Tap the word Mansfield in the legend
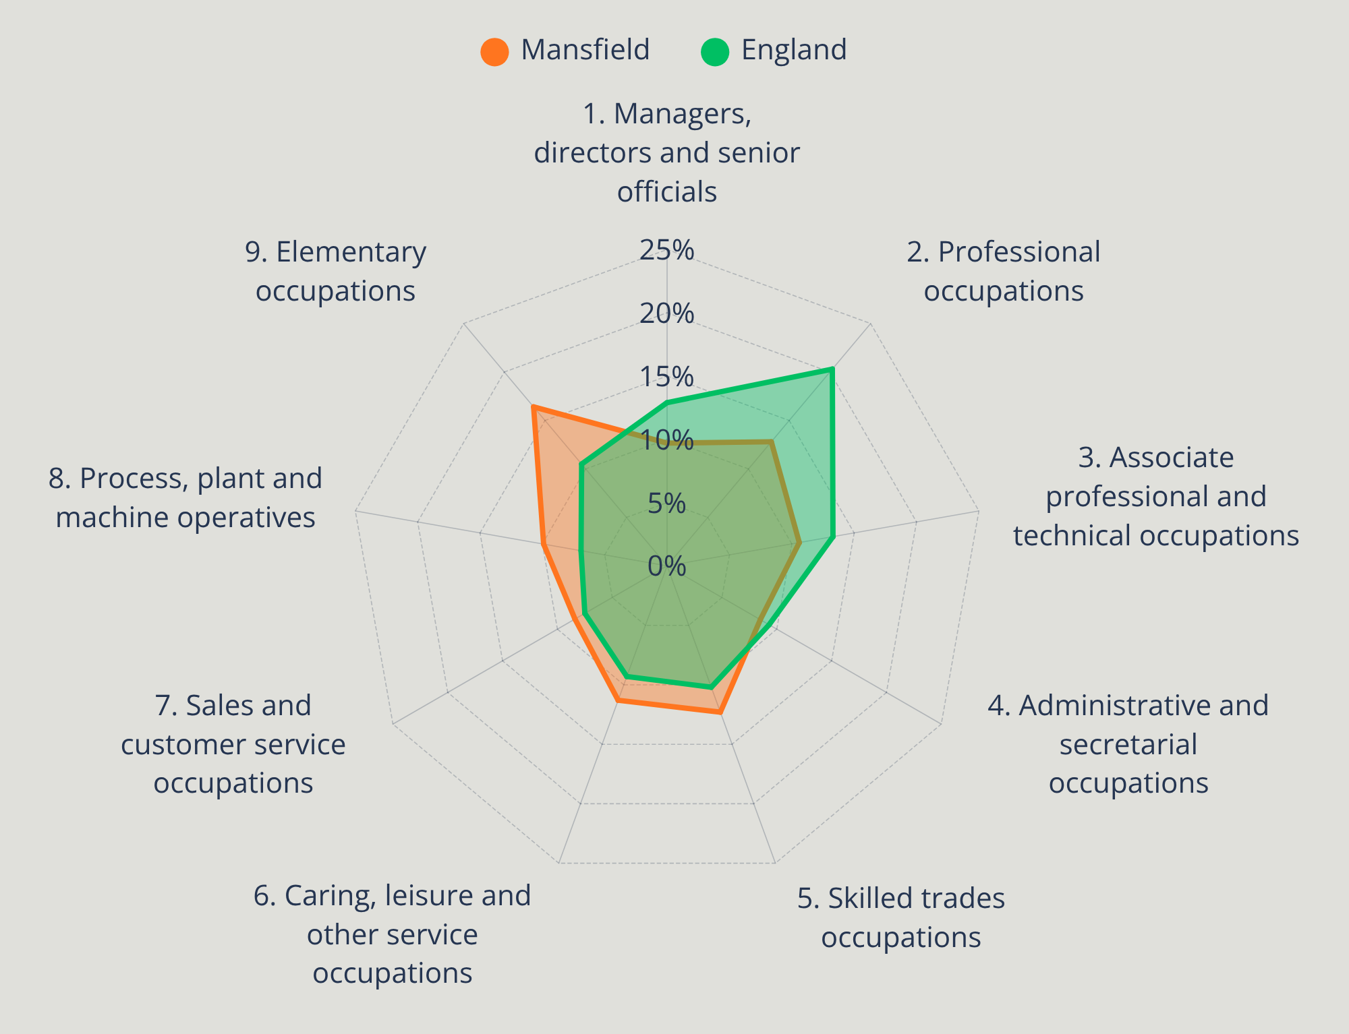pyautogui.click(x=585, y=50)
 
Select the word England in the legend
pyautogui.click(x=794, y=51)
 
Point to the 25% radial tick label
pyautogui.click(x=667, y=250)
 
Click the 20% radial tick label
pyautogui.click(x=667, y=313)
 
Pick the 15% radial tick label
pyautogui.click(x=667, y=377)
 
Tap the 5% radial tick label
pyautogui.click(x=667, y=504)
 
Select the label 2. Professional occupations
pyautogui.click(x=1004, y=271)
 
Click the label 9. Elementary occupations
pyautogui.click(x=335, y=271)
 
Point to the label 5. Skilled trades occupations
pyautogui.click(x=901, y=917)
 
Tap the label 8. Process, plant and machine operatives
pyautogui.click(x=185, y=497)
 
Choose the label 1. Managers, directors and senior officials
pyautogui.click(x=667, y=152)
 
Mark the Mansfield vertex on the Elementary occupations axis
pyautogui.click(x=533, y=407)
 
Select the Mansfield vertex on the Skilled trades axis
pyautogui.click(x=720, y=712)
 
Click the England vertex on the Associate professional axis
pyautogui.click(x=834, y=537)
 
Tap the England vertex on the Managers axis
pyautogui.click(x=667, y=403)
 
